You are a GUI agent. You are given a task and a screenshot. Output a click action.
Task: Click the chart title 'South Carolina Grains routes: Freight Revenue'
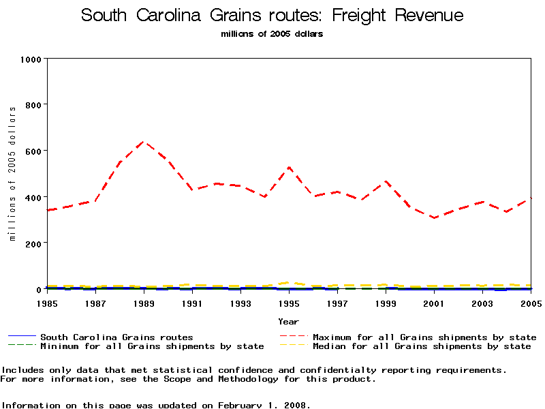(272, 15)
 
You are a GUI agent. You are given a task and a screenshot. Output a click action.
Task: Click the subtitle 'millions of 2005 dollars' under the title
(272, 34)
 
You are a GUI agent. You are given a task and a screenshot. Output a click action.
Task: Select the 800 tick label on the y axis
(33, 105)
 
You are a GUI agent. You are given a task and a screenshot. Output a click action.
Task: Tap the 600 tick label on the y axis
(33, 151)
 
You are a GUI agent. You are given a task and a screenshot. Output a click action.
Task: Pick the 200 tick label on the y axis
(33, 243)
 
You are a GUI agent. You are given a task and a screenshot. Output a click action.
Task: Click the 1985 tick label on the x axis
(46, 302)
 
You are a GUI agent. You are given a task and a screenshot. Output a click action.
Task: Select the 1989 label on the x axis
(143, 302)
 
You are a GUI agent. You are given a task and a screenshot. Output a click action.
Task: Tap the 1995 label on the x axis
(289, 302)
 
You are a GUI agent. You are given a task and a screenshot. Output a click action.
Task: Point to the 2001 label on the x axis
(434, 302)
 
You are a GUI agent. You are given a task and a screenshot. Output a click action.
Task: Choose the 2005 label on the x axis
(530, 302)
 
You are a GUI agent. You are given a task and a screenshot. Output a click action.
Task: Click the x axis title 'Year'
(288, 320)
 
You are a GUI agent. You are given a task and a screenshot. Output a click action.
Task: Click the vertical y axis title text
(12, 174)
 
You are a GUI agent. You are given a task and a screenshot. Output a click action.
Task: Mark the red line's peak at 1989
(143, 141)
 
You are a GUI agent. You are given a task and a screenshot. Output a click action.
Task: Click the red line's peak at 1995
(289, 167)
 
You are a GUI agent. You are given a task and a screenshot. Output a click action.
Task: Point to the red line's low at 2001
(434, 217)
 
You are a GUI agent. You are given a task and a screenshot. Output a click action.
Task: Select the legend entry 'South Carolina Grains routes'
(116, 337)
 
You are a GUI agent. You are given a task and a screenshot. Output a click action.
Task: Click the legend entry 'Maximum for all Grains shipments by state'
(424, 337)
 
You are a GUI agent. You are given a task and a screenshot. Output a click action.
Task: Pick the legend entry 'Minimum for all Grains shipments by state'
(151, 346)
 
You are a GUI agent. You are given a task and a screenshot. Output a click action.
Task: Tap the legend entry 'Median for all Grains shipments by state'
(421, 346)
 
